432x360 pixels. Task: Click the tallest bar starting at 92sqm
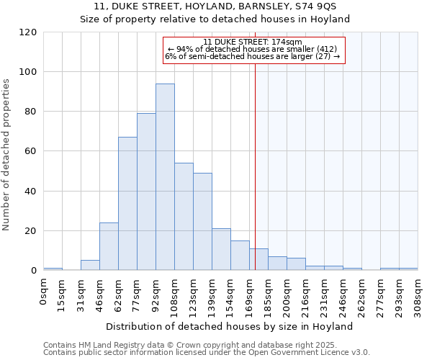[x=165, y=177]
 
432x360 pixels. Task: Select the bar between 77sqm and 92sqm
[x=146, y=192]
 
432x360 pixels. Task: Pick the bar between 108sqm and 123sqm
[x=184, y=217]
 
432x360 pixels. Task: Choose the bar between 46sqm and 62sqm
[x=109, y=246]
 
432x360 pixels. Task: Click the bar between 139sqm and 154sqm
[x=221, y=249]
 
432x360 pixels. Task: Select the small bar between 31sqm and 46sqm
[x=90, y=265]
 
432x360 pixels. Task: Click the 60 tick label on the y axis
[x=31, y=151]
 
